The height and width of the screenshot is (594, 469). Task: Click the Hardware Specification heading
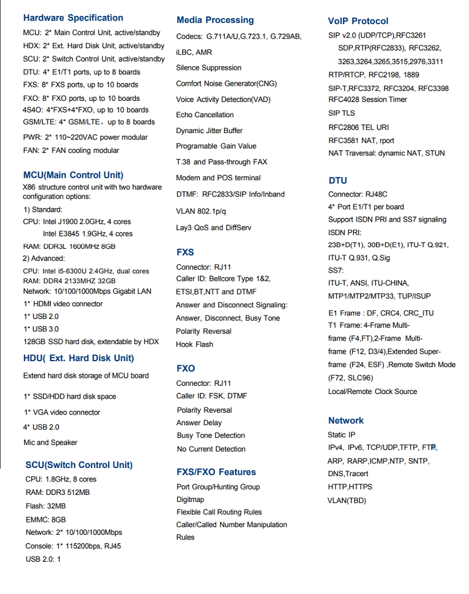tap(73, 18)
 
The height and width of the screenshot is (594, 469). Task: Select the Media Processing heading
tap(215, 21)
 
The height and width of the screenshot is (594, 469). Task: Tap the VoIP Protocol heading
tap(358, 21)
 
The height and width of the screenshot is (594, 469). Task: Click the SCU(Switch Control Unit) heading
tap(79, 465)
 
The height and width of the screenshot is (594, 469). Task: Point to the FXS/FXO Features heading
tap(216, 472)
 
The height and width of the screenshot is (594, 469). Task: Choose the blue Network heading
tap(346, 420)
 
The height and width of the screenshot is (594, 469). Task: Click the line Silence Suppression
tap(209, 68)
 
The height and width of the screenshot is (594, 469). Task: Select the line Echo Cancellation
tap(205, 115)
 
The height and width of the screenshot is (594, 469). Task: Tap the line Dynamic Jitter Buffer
tap(209, 131)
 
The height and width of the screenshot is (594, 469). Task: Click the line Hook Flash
tap(195, 344)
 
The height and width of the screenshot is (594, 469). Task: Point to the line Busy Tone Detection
tap(211, 436)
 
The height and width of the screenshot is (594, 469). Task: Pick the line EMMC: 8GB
tap(46, 520)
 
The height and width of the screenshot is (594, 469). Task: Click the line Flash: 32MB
tap(46, 506)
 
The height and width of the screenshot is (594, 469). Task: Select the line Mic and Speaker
tap(50, 443)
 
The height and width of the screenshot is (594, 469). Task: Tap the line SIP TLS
tap(342, 113)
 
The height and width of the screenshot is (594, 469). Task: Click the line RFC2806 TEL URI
tap(359, 127)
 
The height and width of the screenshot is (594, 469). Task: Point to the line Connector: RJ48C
tap(358, 194)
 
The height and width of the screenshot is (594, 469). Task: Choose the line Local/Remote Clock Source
tap(373, 391)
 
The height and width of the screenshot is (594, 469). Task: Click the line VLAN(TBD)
tap(347, 500)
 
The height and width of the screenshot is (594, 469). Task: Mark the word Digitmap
tap(191, 500)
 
